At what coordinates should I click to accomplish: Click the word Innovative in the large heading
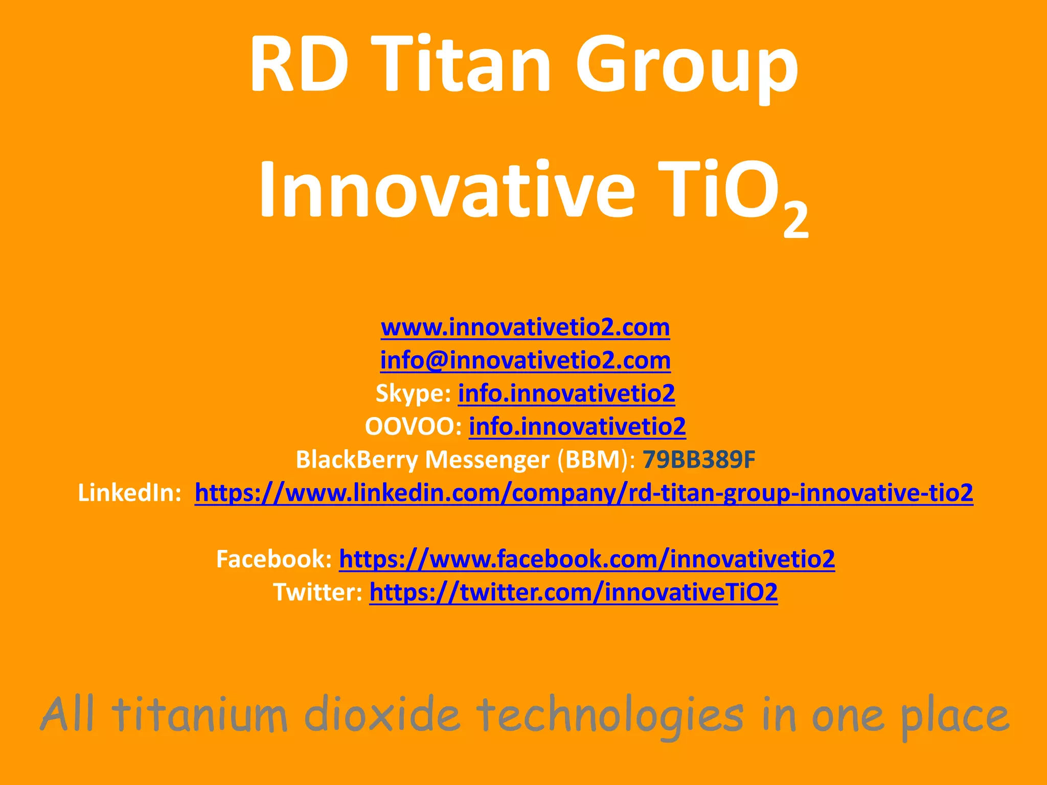pyautogui.click(x=446, y=190)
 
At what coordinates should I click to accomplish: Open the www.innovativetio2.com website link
pyautogui.click(x=525, y=327)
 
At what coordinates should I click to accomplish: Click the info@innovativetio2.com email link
pyautogui.click(x=525, y=360)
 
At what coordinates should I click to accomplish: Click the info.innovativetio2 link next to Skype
pyautogui.click(x=566, y=394)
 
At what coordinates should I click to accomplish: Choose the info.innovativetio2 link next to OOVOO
pyautogui.click(x=577, y=427)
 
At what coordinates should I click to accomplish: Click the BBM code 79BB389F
pyautogui.click(x=698, y=459)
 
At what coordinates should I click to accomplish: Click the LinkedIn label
pyautogui.click(x=129, y=493)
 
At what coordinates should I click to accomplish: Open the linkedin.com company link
pyautogui.click(x=584, y=493)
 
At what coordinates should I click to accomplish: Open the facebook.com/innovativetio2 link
pyautogui.click(x=587, y=559)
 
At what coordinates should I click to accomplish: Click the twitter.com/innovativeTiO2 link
pyautogui.click(x=574, y=592)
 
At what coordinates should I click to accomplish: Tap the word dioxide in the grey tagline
pyautogui.click(x=382, y=714)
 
